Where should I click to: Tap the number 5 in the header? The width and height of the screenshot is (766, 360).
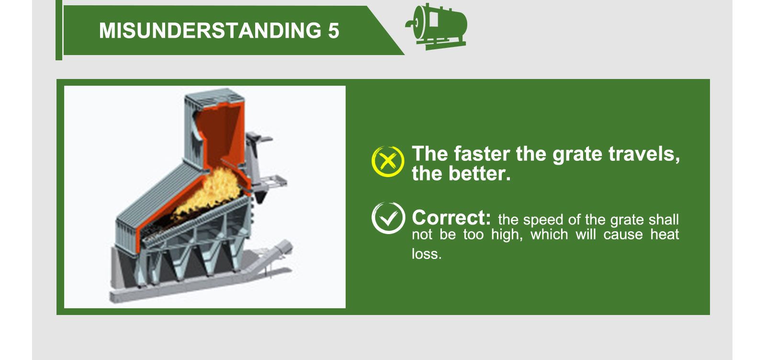[334, 31]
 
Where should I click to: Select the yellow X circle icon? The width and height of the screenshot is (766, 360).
[387, 161]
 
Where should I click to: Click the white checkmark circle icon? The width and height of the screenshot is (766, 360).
[388, 218]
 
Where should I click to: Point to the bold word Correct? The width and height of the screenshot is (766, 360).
[451, 218]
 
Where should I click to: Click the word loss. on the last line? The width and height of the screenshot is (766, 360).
[426, 254]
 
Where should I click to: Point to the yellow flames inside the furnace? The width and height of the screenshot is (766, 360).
[211, 189]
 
